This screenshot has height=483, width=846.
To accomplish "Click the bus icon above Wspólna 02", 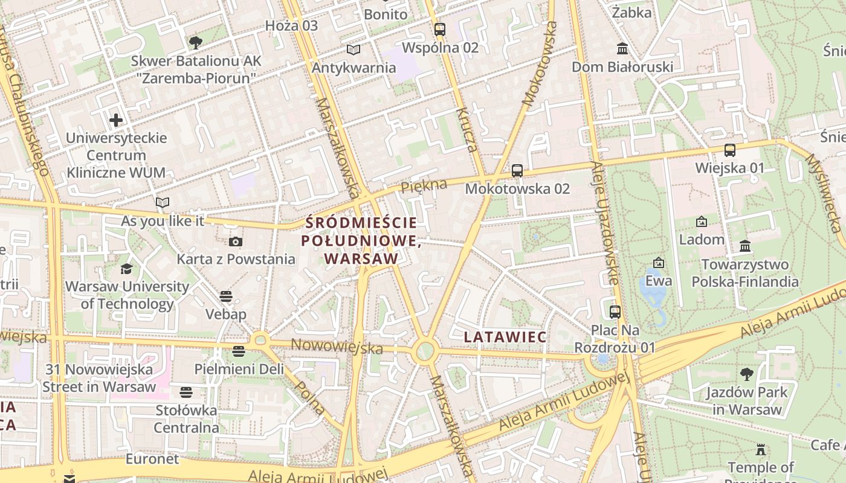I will click(x=440, y=29).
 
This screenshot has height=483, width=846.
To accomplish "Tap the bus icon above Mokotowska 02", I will click(x=517, y=171).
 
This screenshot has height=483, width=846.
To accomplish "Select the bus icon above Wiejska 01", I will click(x=730, y=150).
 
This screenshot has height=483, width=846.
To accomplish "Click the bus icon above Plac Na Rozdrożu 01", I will click(x=615, y=312).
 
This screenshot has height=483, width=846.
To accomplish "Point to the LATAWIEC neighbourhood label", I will click(x=505, y=337).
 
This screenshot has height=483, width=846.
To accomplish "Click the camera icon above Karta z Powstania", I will click(x=236, y=242).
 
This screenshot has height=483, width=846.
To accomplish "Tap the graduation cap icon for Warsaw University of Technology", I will click(x=127, y=269).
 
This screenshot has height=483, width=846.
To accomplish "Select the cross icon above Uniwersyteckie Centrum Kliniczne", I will click(x=116, y=120).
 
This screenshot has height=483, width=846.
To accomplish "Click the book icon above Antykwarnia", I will click(x=354, y=50).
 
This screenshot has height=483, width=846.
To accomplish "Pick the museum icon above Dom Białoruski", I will click(x=622, y=48).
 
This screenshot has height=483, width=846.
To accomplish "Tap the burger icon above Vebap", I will click(x=226, y=296).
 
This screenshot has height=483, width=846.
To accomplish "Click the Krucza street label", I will click(x=467, y=130).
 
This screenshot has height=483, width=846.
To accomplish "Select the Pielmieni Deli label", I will click(x=239, y=369).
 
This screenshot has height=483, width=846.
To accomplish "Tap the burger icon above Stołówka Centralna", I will click(x=186, y=392).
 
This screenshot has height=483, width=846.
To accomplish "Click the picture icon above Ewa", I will click(x=659, y=263).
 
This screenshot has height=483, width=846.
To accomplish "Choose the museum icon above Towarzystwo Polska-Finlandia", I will click(x=745, y=246).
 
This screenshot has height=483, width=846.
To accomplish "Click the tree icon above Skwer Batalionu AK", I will click(x=196, y=43).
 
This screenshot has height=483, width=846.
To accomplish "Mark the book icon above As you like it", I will click(x=163, y=203).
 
